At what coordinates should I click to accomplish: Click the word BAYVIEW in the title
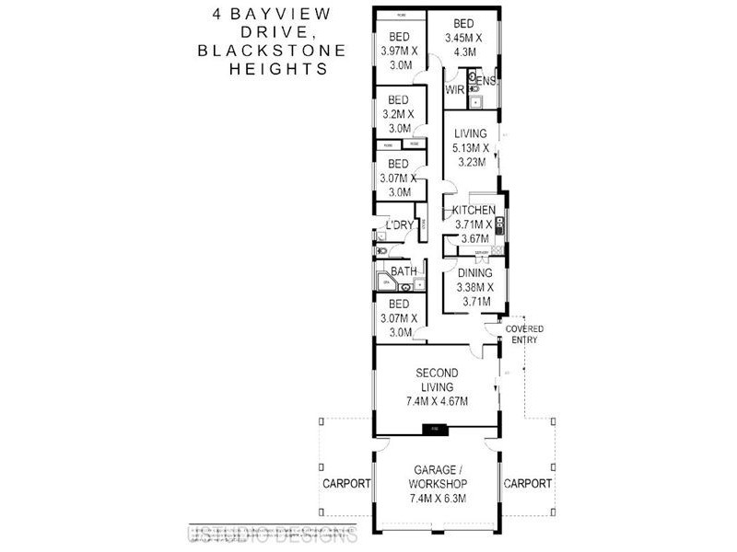(x=271, y=16)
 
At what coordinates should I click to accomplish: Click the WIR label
(x=454, y=90)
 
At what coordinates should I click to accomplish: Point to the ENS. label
(x=487, y=82)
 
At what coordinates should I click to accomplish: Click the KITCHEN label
(x=474, y=212)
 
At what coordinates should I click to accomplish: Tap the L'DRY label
(x=400, y=226)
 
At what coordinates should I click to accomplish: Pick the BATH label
(x=403, y=271)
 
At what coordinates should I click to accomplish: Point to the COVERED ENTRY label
(x=523, y=334)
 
